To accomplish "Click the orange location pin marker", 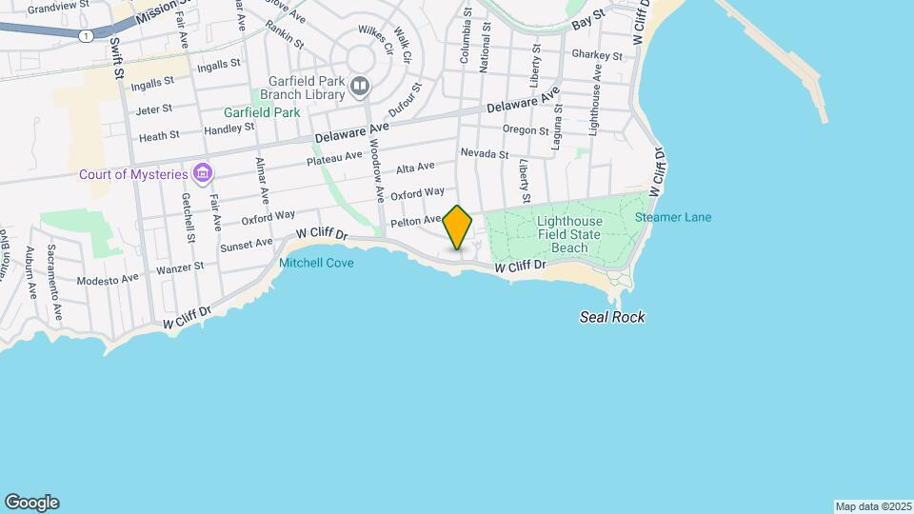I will [458, 227].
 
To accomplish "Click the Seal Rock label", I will [612, 317].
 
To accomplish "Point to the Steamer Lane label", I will [673, 217].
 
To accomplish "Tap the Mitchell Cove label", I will [316, 263].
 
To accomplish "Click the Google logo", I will [31, 503].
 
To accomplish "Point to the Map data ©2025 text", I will [871, 506].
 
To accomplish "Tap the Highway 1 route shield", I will [87, 35].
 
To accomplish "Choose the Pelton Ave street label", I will [416, 222].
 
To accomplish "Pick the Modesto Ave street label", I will [108, 280].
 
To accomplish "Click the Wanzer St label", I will [180, 268].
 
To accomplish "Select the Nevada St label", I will [484, 153].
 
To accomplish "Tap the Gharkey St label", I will [597, 55].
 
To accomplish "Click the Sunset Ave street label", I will [248, 246].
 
